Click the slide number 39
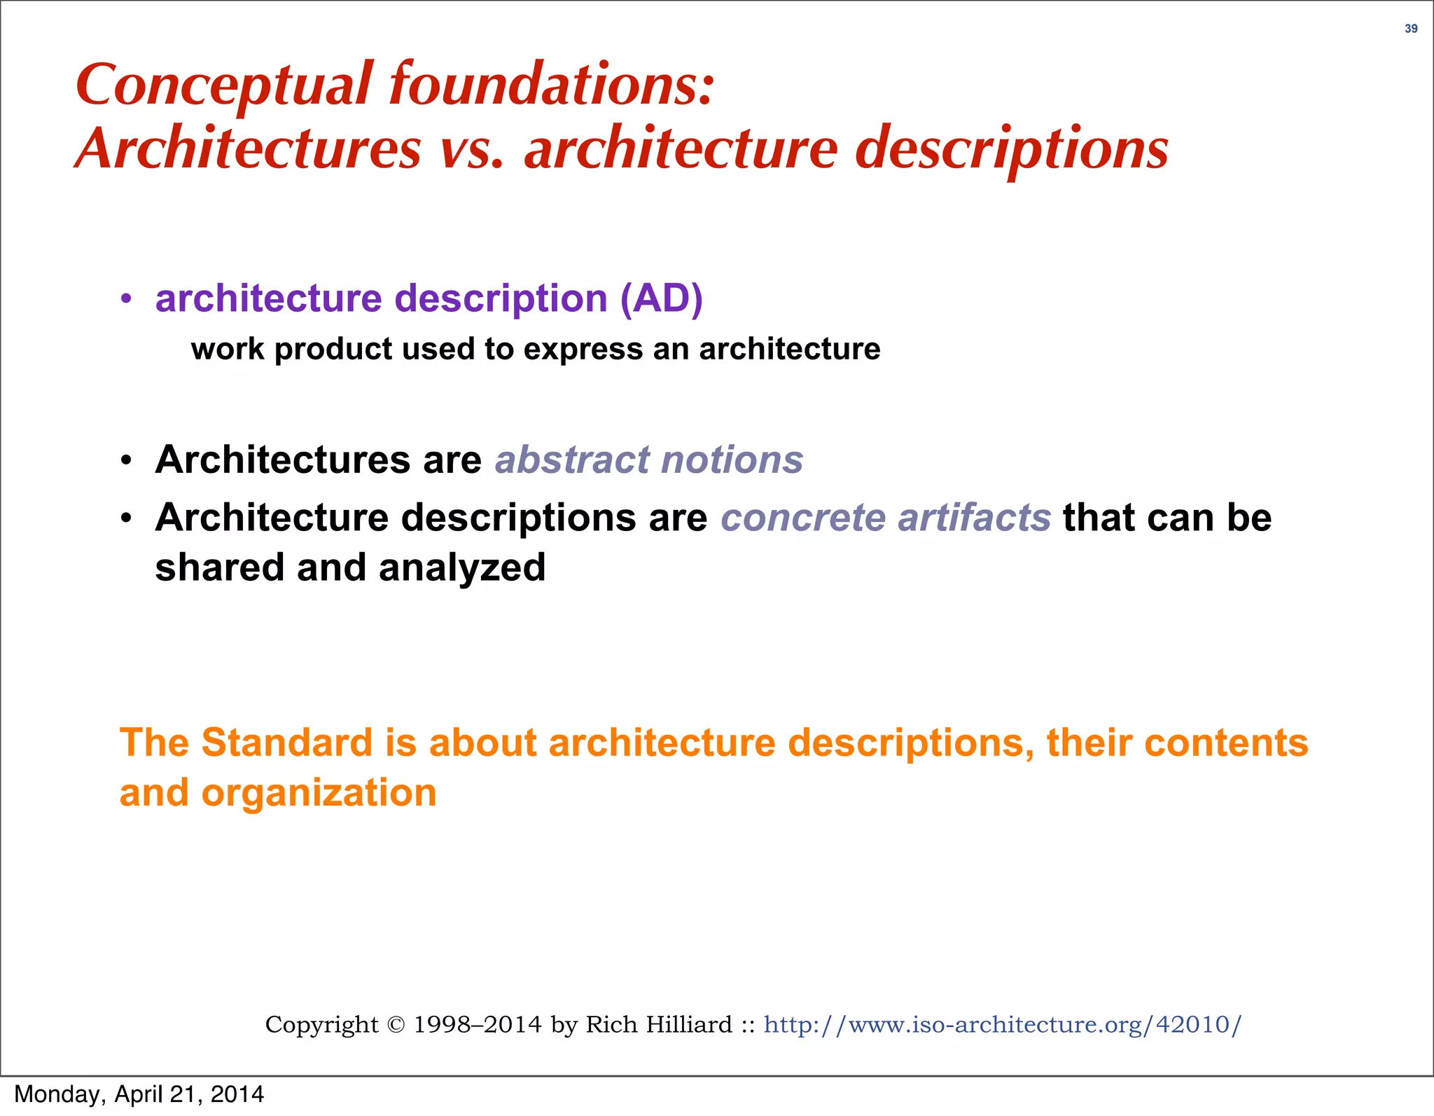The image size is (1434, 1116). click(1411, 29)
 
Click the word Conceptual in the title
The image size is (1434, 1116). click(223, 85)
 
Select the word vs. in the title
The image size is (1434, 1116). click(472, 149)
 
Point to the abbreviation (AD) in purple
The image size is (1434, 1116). click(661, 298)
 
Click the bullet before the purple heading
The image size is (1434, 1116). click(126, 299)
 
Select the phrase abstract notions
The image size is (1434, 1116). click(649, 460)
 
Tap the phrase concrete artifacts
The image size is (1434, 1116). click(886, 518)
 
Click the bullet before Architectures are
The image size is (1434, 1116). click(126, 461)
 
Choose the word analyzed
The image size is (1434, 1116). click(462, 567)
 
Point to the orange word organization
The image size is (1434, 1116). click(319, 793)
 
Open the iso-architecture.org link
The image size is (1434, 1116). click(1002, 1025)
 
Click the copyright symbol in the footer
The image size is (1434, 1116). click(396, 1025)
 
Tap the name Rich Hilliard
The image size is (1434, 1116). click(658, 1025)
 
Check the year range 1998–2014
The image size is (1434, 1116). click(478, 1025)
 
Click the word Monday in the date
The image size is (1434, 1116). click(59, 1094)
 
